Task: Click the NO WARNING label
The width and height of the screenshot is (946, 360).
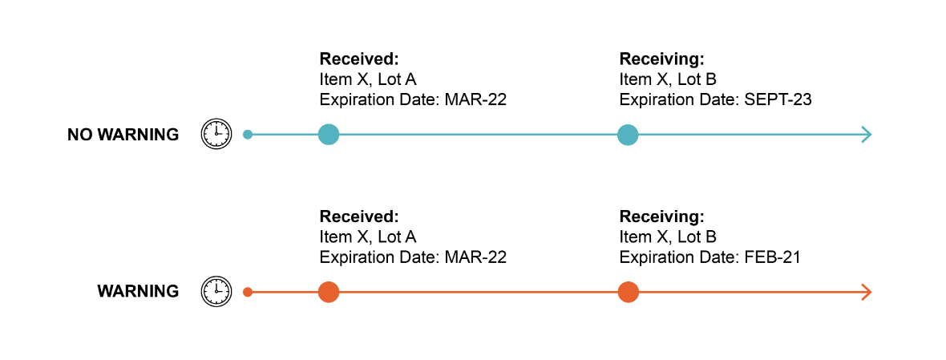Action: pos(123,135)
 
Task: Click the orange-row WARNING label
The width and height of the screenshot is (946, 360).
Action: pos(138,292)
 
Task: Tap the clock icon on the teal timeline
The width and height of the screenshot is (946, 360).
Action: pos(216,133)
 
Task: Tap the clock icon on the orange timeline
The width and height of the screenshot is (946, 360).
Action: pos(216,291)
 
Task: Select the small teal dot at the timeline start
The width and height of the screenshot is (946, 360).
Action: pos(248,135)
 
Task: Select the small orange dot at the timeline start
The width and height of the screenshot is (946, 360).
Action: pos(248,292)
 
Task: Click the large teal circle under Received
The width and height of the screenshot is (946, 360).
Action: pos(329,135)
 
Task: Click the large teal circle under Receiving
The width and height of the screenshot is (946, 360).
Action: pos(628,135)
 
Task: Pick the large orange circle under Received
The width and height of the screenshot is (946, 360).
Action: pos(329,292)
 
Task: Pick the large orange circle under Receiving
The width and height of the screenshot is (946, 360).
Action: pos(628,292)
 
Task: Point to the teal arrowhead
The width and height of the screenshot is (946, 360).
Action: pos(866,135)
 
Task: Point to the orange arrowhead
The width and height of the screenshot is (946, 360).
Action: pos(866,292)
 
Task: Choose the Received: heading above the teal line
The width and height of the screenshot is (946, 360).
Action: pos(359,59)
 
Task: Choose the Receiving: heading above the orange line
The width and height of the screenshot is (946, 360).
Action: pos(661,216)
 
